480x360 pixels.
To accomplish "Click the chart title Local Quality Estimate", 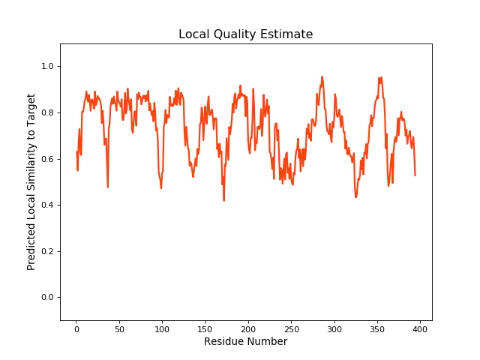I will (245, 34).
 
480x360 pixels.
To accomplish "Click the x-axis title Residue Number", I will (245, 342).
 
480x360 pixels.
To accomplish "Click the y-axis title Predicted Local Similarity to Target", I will (31, 182).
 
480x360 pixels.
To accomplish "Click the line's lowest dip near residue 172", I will (223, 200).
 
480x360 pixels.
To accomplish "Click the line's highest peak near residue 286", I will (322, 76).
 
